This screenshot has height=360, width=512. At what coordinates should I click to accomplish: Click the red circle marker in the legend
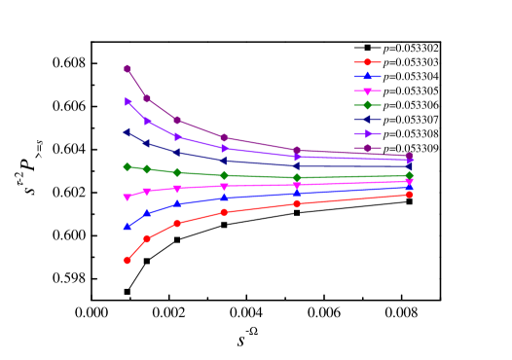(367, 62)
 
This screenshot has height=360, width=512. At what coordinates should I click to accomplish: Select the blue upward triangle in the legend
(367, 76)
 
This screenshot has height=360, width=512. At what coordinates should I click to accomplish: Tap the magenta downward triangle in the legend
(367, 90)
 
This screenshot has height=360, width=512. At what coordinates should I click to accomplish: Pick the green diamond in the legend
(367, 105)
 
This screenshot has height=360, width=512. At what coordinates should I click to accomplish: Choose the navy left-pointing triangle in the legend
(367, 119)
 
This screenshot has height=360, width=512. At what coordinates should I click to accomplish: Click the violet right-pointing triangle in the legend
(367, 133)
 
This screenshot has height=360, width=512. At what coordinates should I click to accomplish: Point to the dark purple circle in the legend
(367, 148)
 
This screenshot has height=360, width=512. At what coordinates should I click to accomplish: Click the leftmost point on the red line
(128, 260)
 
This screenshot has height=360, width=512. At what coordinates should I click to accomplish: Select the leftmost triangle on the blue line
(128, 227)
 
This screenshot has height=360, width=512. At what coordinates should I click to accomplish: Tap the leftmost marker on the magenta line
(128, 198)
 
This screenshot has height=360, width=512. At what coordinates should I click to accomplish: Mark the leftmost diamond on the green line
(128, 166)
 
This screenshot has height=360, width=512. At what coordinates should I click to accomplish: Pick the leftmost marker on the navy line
(128, 132)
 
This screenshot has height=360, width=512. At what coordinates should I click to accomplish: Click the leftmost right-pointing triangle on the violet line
(128, 101)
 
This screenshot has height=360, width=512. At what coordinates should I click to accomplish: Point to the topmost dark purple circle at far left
(128, 68)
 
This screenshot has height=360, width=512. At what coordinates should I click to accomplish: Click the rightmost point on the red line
(409, 195)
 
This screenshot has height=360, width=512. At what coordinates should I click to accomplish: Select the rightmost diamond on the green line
(409, 175)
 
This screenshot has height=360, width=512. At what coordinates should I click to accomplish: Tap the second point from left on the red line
(147, 238)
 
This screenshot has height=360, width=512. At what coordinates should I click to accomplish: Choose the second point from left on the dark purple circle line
(147, 98)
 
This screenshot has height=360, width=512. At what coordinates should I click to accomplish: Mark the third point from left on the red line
(177, 223)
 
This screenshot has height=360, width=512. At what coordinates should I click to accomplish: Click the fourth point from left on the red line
(224, 212)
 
